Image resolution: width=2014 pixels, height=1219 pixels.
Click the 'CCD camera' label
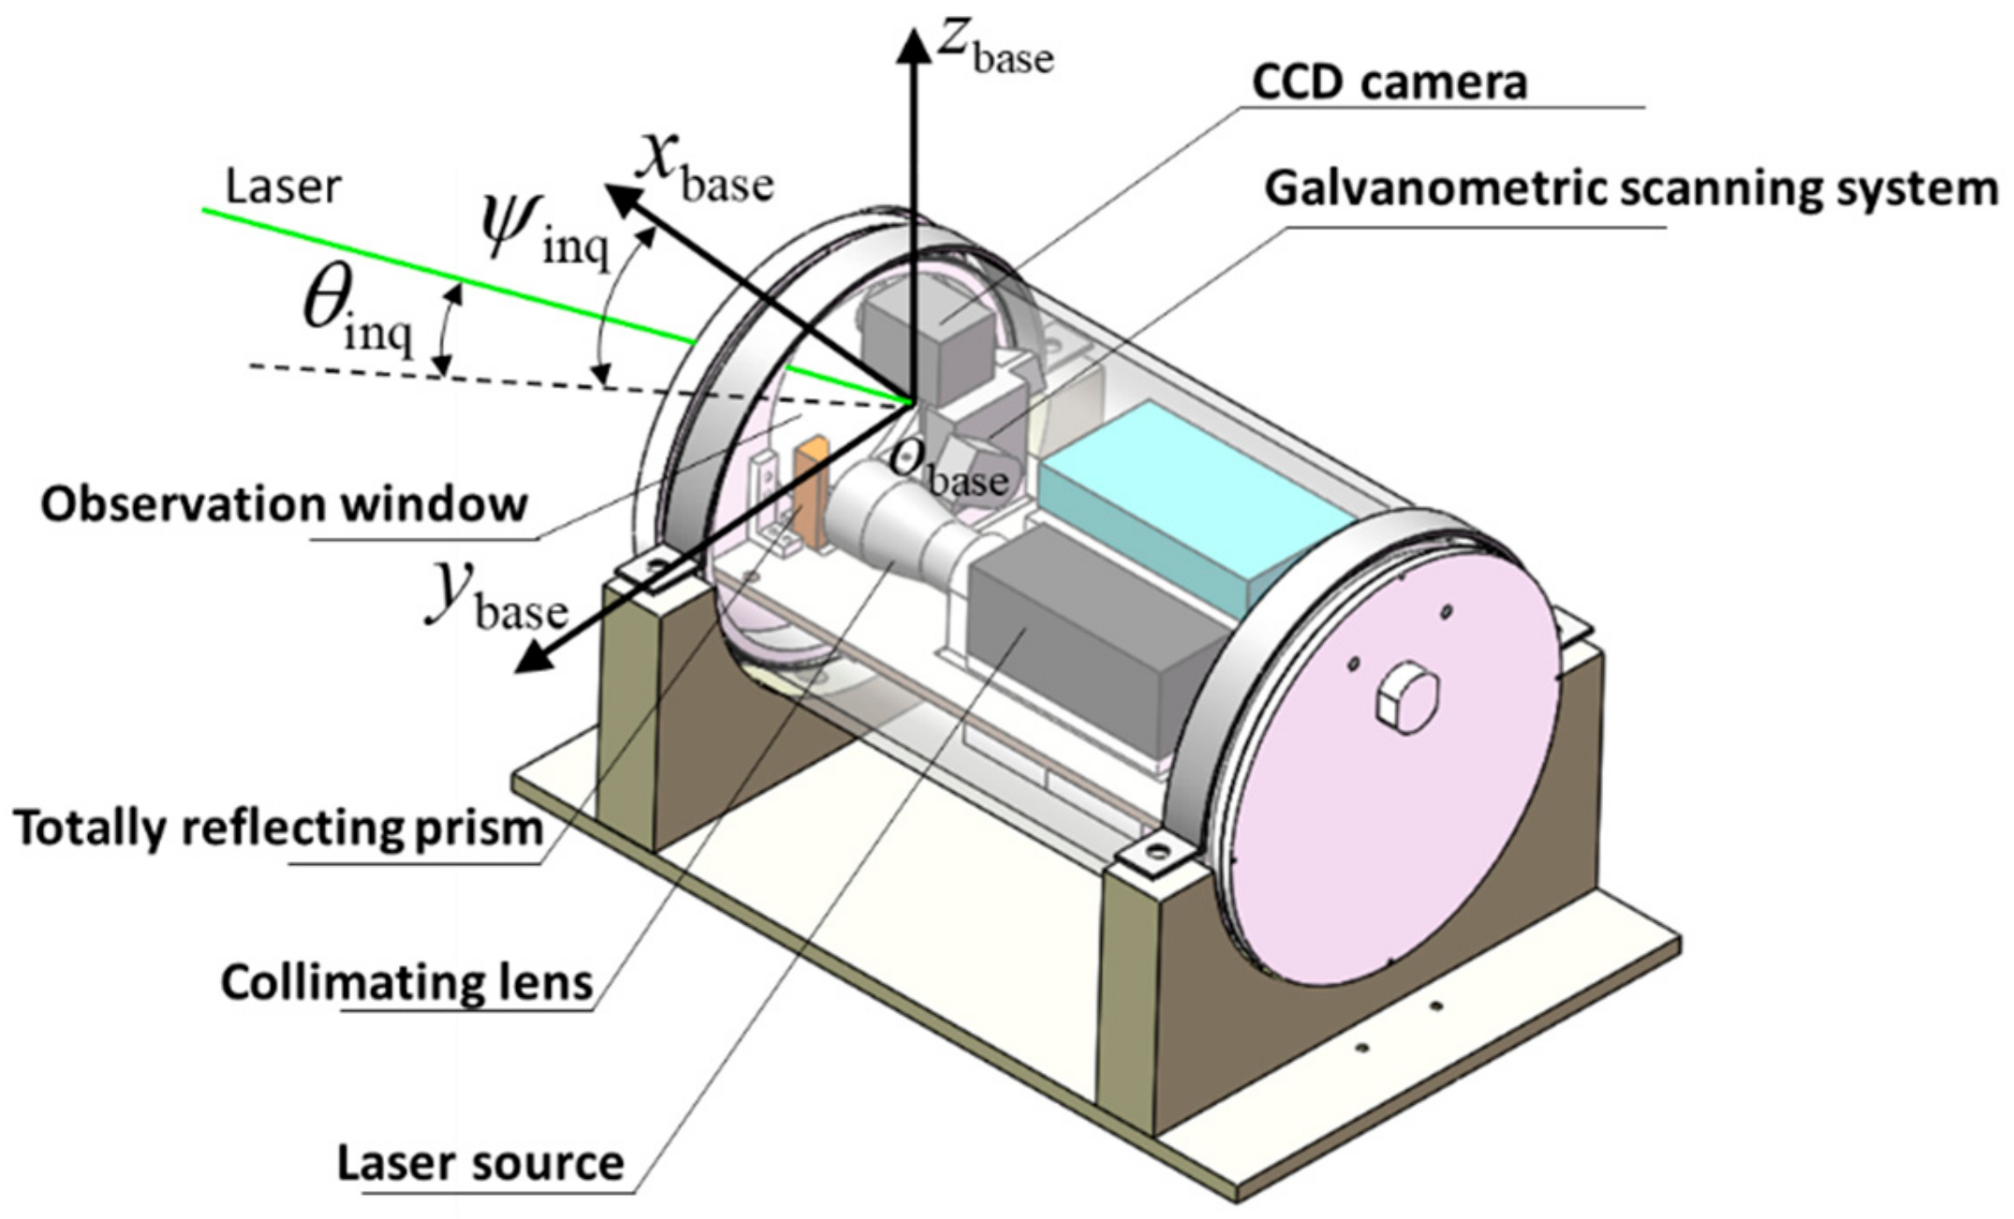1389,82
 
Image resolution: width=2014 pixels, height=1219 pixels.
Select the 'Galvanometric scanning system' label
1630,188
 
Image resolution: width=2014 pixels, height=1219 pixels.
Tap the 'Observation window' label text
284,505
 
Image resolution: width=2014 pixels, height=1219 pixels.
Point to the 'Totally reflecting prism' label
278,828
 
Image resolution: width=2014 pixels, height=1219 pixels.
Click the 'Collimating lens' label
406,982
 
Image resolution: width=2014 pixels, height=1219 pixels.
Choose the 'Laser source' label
479,1163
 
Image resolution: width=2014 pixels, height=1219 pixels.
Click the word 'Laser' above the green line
283,186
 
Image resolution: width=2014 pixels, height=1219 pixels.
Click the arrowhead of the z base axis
910,42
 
